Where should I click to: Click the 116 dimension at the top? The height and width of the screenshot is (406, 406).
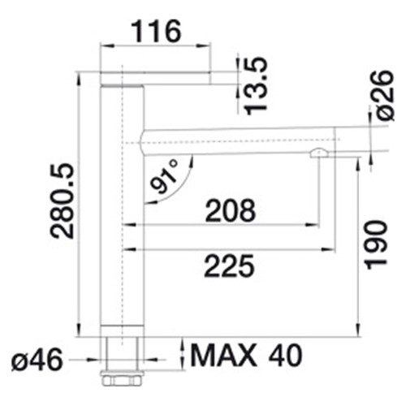pos(157,32)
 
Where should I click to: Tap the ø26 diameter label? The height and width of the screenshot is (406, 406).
pos(385,95)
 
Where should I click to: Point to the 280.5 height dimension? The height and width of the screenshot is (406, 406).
pos(63,201)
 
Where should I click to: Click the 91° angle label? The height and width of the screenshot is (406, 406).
pos(164,176)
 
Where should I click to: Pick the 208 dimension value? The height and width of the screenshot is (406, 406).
pos(231,210)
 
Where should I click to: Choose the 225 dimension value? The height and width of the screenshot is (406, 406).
pos(230,266)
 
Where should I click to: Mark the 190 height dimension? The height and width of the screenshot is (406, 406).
pos(376,244)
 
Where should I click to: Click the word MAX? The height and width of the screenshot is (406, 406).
pos(223,355)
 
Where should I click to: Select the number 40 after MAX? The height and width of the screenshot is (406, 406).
pos(285,355)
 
